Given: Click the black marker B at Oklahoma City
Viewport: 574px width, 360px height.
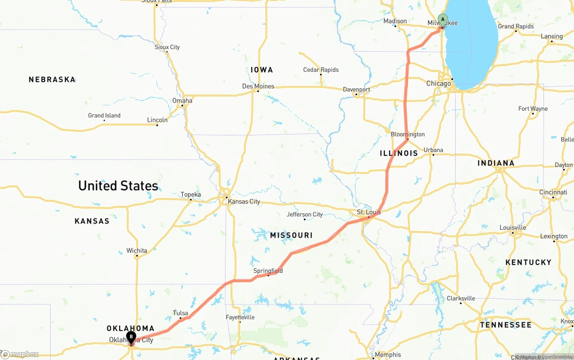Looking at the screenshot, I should pos(131,337).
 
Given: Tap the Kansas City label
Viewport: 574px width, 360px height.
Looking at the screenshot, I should pos(244,202).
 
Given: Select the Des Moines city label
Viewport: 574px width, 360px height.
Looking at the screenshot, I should pos(258,86).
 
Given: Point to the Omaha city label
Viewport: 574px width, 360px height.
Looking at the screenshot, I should pos(182,100).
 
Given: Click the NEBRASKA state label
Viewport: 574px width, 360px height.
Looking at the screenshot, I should pos(52,79).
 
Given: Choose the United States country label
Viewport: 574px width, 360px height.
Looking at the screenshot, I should pos(118,186).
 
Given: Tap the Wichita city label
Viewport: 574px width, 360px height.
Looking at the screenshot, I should pos(137,251).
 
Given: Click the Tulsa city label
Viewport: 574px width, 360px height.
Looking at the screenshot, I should pos(181,313).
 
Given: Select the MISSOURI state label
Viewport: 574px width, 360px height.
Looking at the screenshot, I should pos(291,235).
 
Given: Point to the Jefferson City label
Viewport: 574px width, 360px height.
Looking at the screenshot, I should pos(304,214).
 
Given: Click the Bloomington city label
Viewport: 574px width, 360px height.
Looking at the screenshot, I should pos(408,134).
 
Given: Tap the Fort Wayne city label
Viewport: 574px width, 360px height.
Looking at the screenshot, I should pos(533,108).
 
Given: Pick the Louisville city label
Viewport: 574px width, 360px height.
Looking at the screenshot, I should pos(513,227).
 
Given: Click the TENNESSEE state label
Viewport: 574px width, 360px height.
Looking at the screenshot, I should pos(505,325).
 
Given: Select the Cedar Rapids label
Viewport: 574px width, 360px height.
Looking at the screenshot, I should pos(321,69).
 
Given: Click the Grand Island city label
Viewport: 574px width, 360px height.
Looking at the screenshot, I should pos(104,115).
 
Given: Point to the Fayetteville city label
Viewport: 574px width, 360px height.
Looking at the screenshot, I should pos(240,317).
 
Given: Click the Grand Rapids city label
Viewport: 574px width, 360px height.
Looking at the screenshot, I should pos(516,26).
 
